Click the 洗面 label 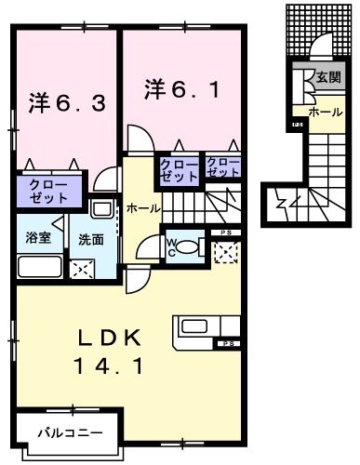click(x=90, y=239)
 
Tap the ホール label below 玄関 click(x=325, y=112)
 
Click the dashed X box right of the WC click(x=224, y=251)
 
